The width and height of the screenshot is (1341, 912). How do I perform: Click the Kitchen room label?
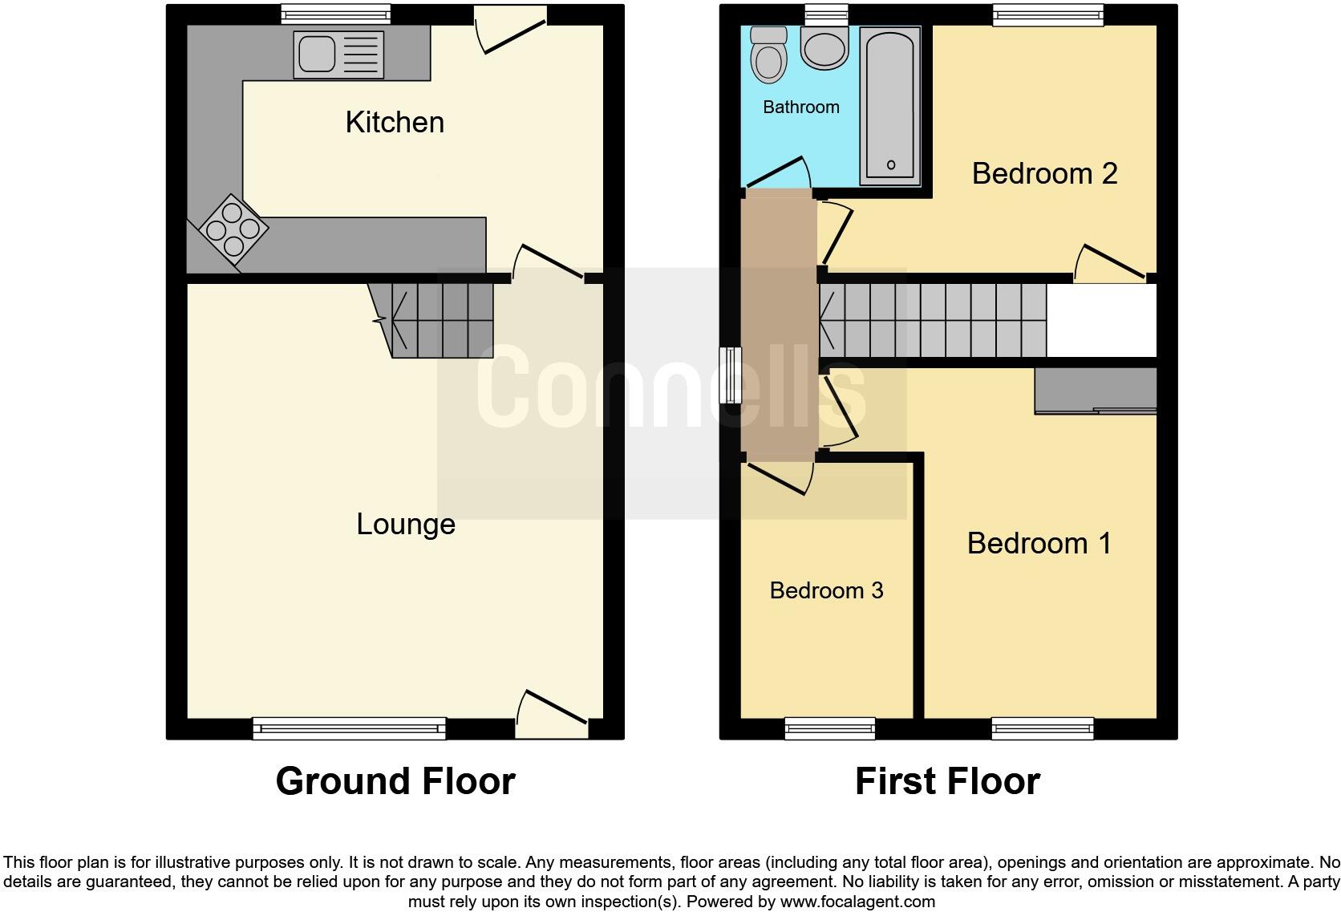(395, 123)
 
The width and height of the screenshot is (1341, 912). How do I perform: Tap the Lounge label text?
(406, 525)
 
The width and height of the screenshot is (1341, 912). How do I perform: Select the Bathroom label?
(800, 107)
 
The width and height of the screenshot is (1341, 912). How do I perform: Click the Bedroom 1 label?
(1039, 544)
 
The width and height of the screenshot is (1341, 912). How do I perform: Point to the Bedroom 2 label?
(1044, 174)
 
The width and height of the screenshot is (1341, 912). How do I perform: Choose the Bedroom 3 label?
(826, 591)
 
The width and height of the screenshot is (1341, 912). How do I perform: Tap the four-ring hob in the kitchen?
(233, 229)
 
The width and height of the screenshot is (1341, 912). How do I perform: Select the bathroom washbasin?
(824, 47)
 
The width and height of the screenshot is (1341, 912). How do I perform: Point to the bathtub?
(890, 104)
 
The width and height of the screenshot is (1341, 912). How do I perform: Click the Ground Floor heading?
(395, 781)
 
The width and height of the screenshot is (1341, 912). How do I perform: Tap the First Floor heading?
(947, 781)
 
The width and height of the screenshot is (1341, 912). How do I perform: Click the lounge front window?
(349, 728)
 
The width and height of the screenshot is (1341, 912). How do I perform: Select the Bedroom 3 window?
(830, 728)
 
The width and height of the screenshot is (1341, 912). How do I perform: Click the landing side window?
(731, 375)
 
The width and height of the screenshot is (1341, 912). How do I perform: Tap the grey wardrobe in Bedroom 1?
(1096, 391)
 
